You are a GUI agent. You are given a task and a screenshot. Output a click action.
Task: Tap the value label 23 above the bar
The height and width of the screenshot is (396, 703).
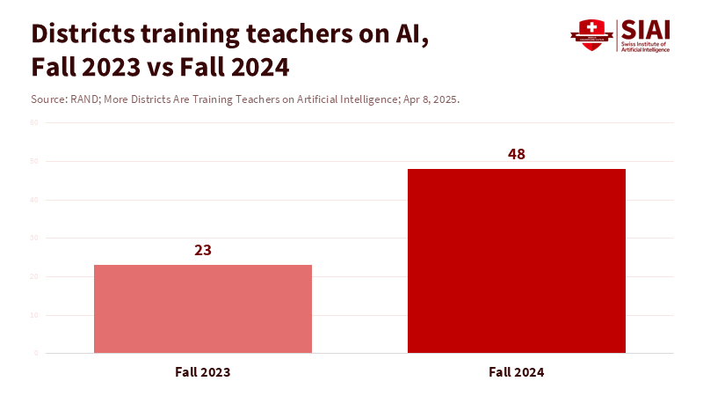203,250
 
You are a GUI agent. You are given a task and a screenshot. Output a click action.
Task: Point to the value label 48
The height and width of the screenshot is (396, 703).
517,154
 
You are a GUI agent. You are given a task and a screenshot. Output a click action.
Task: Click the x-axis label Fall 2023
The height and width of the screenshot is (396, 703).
203,372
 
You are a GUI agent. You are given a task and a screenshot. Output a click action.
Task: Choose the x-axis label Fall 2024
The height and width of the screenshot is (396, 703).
517,372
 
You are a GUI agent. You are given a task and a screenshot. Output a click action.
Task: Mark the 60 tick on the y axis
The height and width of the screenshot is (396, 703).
34,122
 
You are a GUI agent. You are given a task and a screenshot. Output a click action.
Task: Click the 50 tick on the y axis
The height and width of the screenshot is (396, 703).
34,161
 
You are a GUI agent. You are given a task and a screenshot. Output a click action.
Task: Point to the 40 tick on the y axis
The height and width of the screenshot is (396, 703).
34,200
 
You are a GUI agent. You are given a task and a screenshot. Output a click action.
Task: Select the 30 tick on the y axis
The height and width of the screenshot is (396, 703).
34,238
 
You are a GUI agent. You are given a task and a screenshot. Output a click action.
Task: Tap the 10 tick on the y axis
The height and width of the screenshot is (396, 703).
34,315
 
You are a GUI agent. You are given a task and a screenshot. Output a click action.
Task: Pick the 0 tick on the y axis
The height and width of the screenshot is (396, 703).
36,353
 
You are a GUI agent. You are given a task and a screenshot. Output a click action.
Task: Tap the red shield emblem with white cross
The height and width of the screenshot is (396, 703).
591,33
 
